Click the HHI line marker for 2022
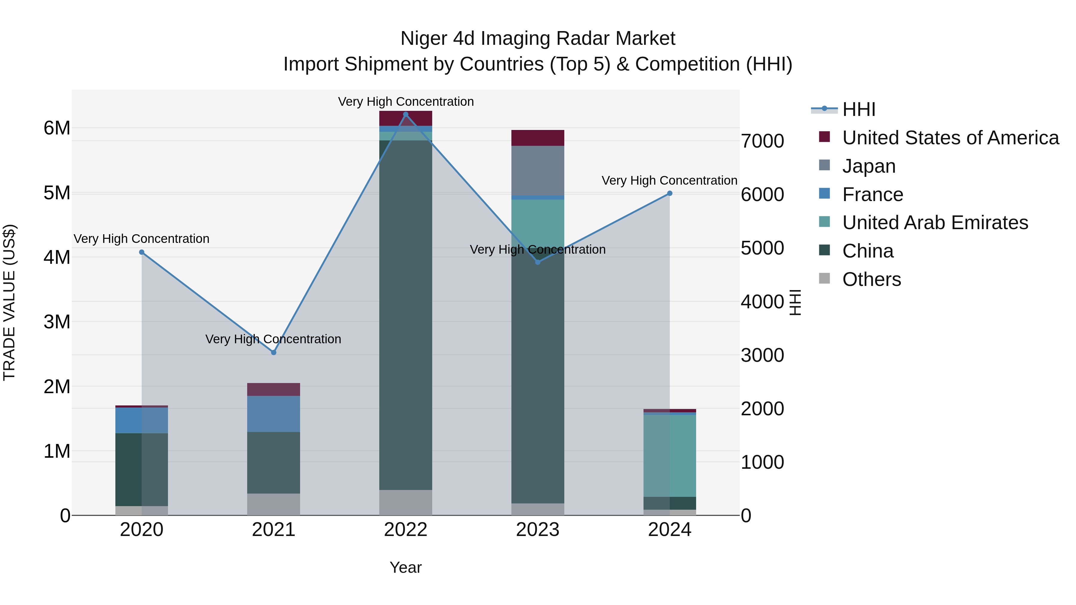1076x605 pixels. pyautogui.click(x=406, y=114)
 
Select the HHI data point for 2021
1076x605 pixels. pyautogui.click(x=273, y=353)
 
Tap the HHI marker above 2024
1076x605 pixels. pyautogui.click(x=670, y=193)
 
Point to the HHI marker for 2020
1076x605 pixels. pyautogui.click(x=142, y=252)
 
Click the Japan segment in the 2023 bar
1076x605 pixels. pyautogui.click(x=538, y=170)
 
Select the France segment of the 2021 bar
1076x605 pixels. pyautogui.click(x=273, y=414)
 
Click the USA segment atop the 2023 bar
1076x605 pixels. pyautogui.click(x=538, y=138)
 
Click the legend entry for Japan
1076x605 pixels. pyautogui.click(x=869, y=166)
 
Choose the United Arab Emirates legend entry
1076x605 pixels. pyautogui.click(x=935, y=223)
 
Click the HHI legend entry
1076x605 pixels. pyautogui.click(x=858, y=109)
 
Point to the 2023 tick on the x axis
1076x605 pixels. pyautogui.click(x=538, y=530)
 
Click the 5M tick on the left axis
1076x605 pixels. pyautogui.click(x=57, y=193)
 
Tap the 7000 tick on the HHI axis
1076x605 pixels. pyautogui.click(x=762, y=141)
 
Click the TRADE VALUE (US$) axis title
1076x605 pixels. pyautogui.click(x=9, y=302)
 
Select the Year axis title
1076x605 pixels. pyautogui.click(x=406, y=567)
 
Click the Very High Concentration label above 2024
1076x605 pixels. pyautogui.click(x=669, y=180)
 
